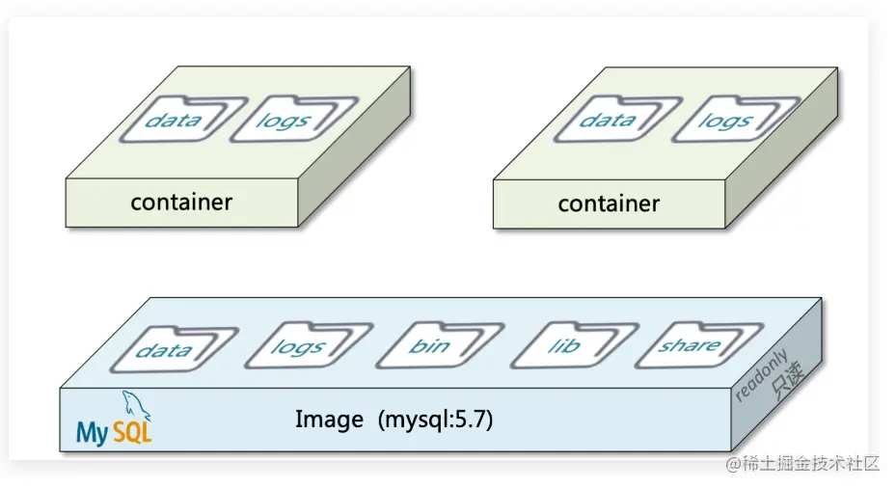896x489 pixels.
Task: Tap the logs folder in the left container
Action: pyautogui.click(x=283, y=120)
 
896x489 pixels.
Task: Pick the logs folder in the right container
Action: pyautogui.click(x=725, y=121)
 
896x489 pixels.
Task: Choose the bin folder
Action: pyautogui.click(x=429, y=345)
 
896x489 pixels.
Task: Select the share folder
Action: pyautogui.click(x=689, y=344)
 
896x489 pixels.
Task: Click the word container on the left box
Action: pyautogui.click(x=181, y=202)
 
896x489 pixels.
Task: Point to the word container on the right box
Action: pyautogui.click(x=609, y=204)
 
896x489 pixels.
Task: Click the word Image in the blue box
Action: pyautogui.click(x=329, y=420)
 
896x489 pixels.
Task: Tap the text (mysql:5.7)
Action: pyautogui.click(x=436, y=420)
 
